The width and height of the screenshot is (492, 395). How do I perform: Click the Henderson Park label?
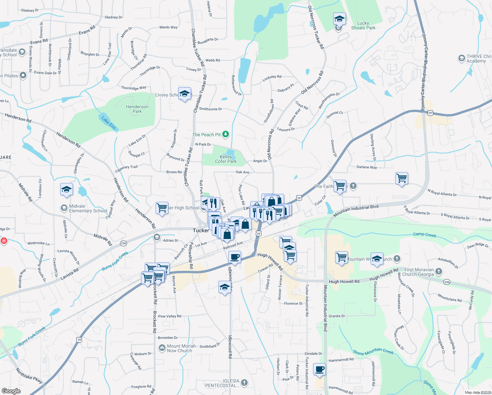coord(137,109)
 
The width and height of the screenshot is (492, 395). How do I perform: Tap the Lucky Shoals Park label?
coord(363,25)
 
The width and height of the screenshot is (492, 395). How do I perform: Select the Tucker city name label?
coord(201,230)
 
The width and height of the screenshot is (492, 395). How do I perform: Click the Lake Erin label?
coord(109,123)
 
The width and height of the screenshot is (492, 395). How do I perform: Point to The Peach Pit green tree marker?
coord(226,134)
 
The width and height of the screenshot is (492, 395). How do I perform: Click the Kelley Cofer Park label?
coord(226,159)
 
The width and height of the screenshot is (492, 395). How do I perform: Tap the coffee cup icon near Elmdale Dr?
coord(319,369)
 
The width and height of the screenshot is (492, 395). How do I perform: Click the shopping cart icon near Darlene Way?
coord(402,178)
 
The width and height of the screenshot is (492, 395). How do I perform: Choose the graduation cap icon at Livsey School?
coord(184,93)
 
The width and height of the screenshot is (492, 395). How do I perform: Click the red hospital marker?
coord(4,241)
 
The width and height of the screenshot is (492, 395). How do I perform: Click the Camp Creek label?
coord(425,235)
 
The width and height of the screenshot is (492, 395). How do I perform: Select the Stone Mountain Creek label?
coord(373,352)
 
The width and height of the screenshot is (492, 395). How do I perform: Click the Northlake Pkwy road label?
coord(29,376)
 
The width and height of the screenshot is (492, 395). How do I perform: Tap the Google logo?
coord(11,391)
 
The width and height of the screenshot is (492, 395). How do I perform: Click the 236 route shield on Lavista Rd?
coord(123,243)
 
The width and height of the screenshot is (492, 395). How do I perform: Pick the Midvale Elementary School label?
coord(88,208)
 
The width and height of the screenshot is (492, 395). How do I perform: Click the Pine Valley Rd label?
coord(170,316)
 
